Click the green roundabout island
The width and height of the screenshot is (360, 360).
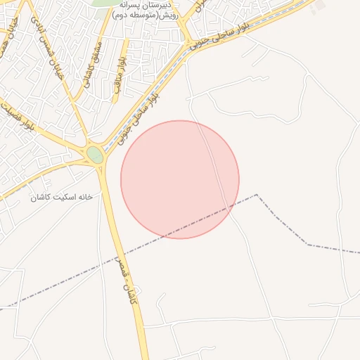point(95,154)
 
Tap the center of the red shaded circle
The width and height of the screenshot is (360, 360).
point(180,179)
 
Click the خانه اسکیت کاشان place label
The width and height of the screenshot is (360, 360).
point(61,198)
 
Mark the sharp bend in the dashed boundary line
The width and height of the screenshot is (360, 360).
point(257,195)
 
